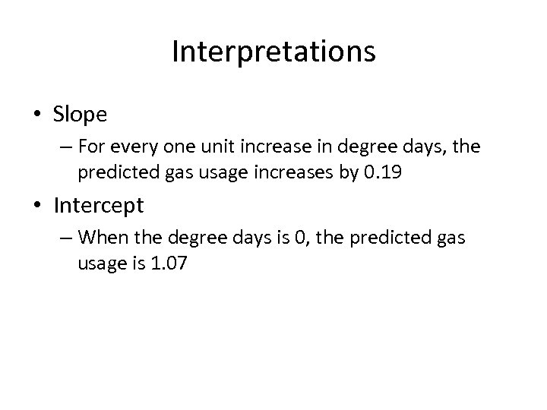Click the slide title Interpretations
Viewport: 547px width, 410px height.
[273, 52]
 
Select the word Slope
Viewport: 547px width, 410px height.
[81, 115]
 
